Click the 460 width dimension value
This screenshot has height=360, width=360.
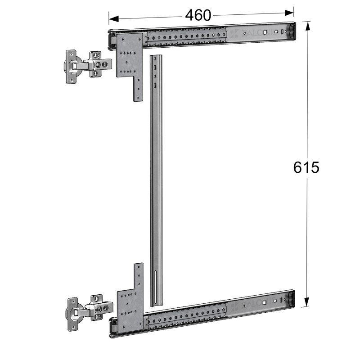(x=198, y=15)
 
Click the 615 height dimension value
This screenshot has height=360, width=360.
(x=306, y=167)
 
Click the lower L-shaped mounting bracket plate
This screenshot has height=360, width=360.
(x=130, y=306)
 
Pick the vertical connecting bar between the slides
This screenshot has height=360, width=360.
(x=155, y=180)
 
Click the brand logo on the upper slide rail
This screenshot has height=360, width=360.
(x=245, y=33)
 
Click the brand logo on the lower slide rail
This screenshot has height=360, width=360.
(x=243, y=306)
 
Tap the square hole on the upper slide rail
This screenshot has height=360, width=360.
(x=265, y=32)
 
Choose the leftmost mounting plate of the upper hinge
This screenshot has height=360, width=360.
(x=69, y=67)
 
